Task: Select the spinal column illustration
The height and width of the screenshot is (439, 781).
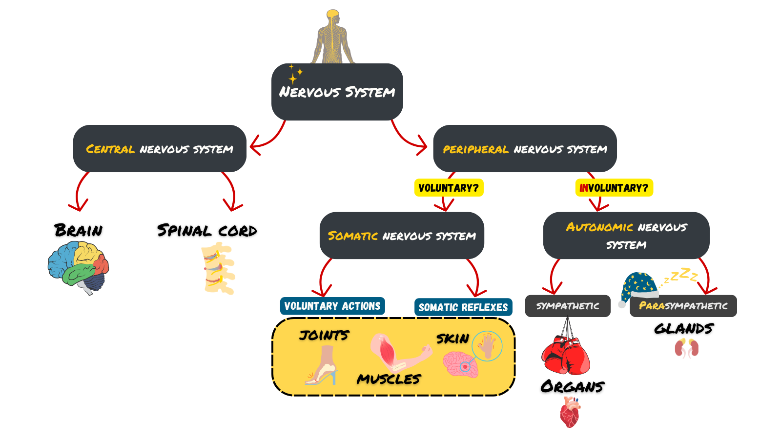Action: tap(218, 268)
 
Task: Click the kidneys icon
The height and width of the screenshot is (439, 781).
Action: tap(686, 348)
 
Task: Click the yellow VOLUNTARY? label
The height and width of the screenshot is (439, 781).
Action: tap(449, 188)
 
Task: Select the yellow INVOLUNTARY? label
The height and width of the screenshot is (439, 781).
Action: tap(614, 188)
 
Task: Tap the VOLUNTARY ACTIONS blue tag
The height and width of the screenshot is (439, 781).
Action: tap(332, 306)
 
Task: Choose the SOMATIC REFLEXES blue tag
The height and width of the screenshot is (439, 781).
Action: tap(463, 307)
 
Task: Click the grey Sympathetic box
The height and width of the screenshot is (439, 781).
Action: tap(568, 306)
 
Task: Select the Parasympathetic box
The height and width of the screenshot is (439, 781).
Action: tap(683, 306)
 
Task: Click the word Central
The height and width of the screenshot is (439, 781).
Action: tap(110, 149)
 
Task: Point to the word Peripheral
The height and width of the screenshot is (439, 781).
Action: tap(475, 150)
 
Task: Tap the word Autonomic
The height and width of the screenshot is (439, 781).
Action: tap(599, 227)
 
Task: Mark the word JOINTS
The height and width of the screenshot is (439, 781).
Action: tap(324, 336)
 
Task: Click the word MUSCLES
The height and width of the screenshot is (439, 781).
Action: tap(389, 379)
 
